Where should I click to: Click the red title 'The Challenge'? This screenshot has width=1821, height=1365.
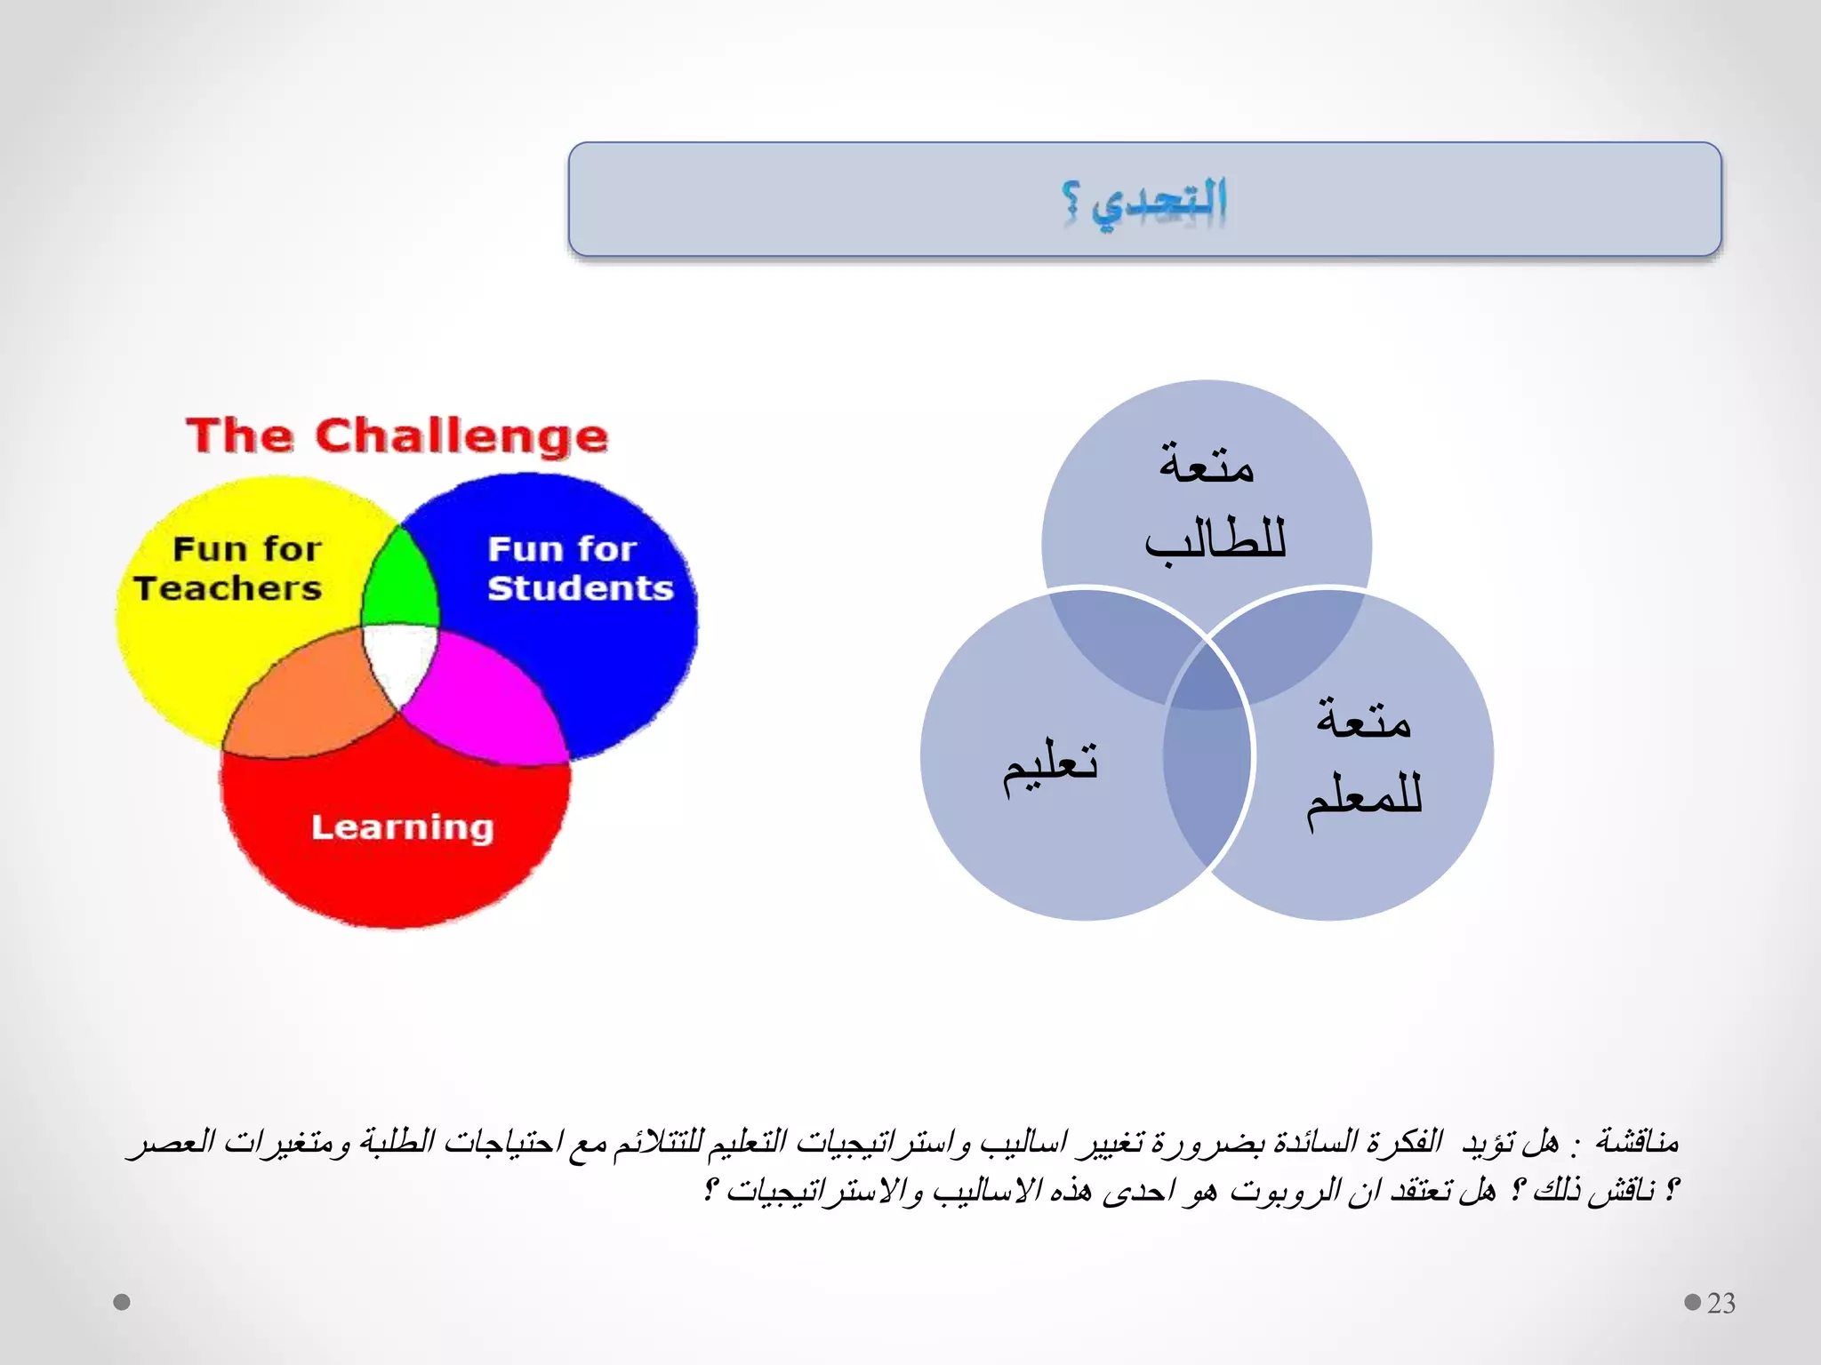[397, 435]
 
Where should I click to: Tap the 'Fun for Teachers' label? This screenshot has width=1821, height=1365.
[229, 569]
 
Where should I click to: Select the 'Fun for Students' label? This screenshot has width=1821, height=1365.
[580, 569]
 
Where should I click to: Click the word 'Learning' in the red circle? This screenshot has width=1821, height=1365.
[402, 827]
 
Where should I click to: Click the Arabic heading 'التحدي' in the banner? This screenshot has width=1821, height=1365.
[1159, 203]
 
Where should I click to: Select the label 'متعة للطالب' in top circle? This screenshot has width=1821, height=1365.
[1211, 502]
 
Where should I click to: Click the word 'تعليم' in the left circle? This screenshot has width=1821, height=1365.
[1051, 766]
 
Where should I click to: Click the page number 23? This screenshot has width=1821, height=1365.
[1721, 1303]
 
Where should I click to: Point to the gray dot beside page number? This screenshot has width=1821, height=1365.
[1692, 1302]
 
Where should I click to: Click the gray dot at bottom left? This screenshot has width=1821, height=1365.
[123, 1302]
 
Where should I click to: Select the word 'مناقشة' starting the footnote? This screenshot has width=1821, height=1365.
[1636, 1140]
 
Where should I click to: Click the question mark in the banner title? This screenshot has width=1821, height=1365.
[1071, 203]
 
